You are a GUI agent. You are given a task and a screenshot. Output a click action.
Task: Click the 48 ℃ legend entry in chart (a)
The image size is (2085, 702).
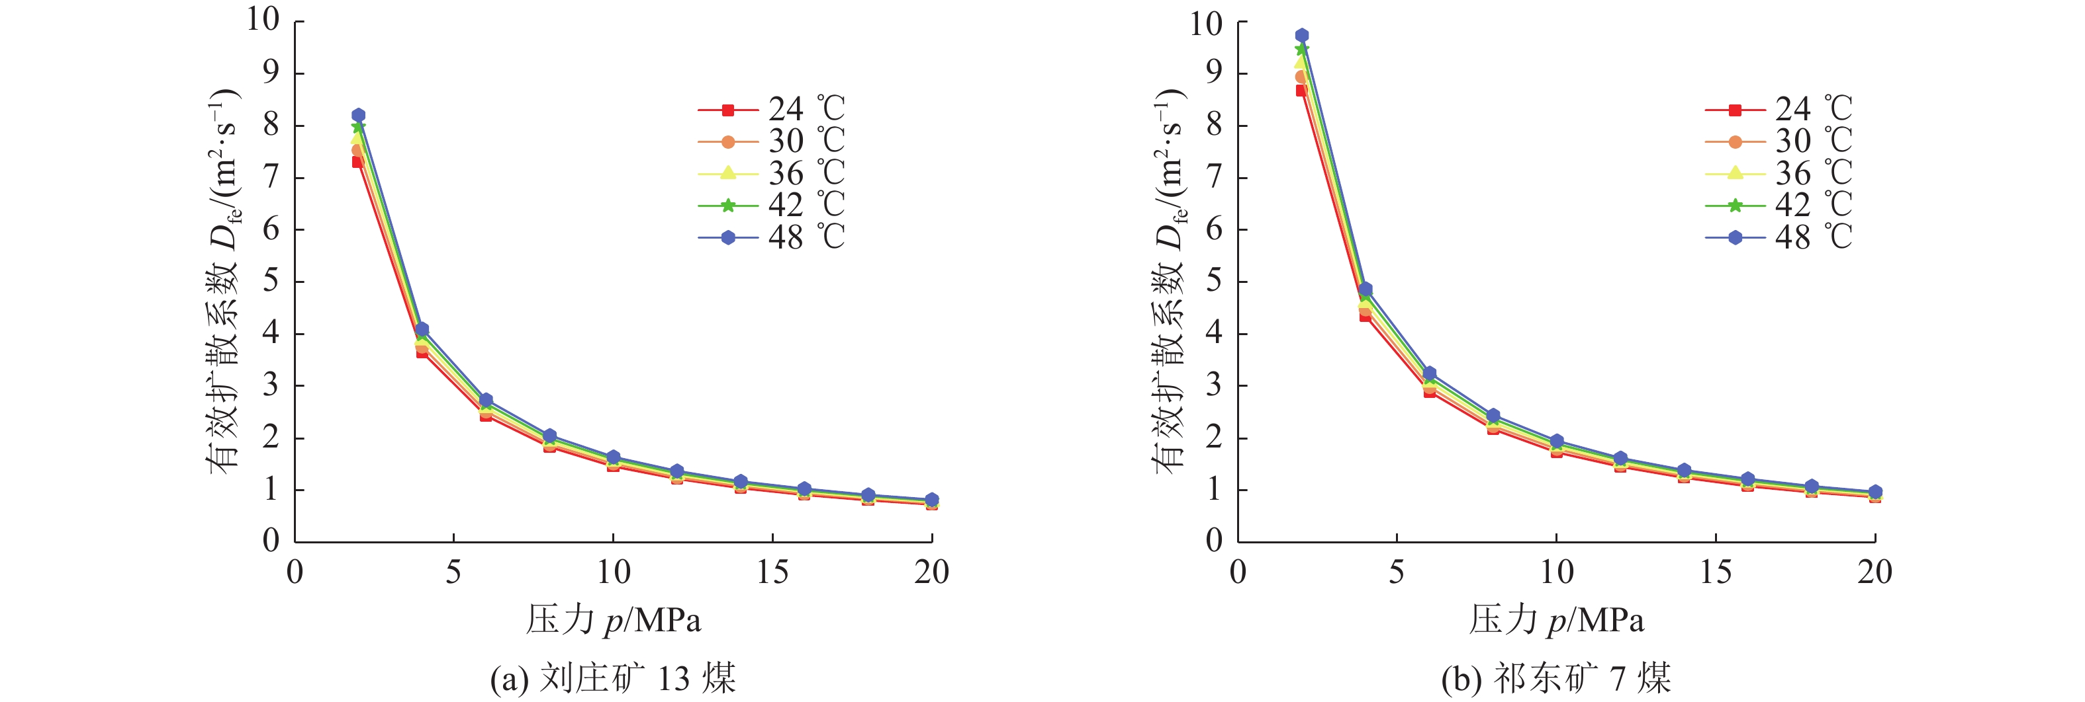pos(771,237)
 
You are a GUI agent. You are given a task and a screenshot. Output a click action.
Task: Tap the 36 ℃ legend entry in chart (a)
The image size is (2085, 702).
pos(771,173)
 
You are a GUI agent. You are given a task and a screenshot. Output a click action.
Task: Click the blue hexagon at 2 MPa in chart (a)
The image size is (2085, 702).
pos(357,115)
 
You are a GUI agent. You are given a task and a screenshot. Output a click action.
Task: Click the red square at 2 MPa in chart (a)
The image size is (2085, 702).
pos(357,162)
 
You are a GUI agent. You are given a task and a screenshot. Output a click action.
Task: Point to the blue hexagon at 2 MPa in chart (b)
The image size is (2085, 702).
pos(1301,35)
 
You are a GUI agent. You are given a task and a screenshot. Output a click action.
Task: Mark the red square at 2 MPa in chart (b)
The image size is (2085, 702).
pos(1301,91)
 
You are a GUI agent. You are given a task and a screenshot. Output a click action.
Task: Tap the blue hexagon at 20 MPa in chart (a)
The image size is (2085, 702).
pos(931,500)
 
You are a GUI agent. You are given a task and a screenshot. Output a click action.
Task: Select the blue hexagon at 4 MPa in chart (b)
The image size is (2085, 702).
pos(1366,289)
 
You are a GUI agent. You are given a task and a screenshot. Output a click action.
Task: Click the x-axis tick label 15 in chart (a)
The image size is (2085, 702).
pos(772,572)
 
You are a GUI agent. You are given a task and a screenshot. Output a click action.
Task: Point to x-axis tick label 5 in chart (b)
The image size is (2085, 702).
pos(1396,572)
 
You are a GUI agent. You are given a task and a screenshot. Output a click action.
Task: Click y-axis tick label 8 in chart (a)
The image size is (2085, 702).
pos(271,126)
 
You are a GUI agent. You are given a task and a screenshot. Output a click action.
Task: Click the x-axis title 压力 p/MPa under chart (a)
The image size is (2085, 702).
pos(614,620)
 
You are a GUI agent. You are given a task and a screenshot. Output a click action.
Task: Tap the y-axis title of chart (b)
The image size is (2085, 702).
pos(1169,279)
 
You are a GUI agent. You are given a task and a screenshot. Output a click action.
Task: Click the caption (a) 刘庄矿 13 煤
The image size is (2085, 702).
pos(613,678)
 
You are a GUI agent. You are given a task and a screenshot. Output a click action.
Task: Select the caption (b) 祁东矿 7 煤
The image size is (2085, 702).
pos(1555,678)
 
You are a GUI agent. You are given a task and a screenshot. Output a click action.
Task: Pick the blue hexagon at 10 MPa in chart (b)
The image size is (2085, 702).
pos(1556,442)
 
